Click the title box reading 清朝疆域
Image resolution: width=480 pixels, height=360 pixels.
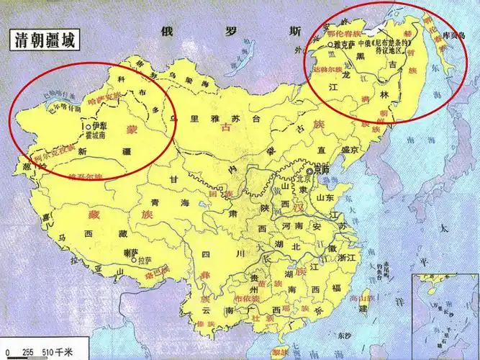(x=45, y=40)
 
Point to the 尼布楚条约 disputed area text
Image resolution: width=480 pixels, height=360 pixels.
(x=389, y=47)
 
